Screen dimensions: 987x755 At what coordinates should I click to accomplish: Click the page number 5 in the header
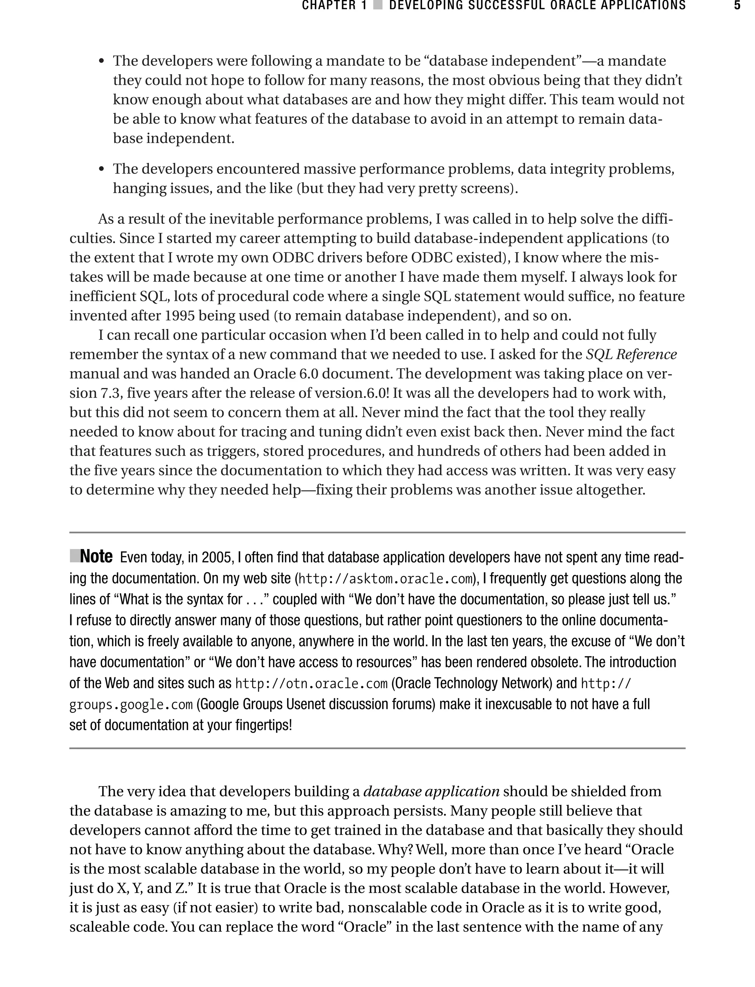tap(737, 6)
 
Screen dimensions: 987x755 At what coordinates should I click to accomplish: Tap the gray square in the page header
tap(378, 6)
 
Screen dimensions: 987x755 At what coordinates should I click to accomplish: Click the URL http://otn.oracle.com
tap(311, 684)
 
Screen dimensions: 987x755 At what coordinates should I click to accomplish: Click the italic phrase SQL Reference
tap(631, 355)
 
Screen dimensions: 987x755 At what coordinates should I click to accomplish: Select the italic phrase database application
tap(431, 791)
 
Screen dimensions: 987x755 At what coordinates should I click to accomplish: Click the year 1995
tap(180, 316)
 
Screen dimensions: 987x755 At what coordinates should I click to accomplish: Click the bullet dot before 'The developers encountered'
tap(102, 170)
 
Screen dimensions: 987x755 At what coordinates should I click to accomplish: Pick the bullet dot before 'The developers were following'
tap(102, 61)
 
